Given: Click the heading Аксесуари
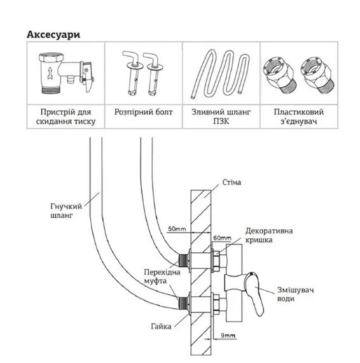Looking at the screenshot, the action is [53, 34].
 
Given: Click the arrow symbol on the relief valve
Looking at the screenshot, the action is [50, 73].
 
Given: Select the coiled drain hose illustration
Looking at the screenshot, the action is [221, 75].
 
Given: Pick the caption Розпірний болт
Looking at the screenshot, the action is [143, 112].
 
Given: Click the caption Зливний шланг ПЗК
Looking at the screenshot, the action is [221, 117].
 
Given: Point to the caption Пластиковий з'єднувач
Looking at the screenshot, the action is [299, 117].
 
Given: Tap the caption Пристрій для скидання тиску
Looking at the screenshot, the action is [66, 117].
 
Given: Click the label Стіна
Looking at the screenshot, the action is [232, 182].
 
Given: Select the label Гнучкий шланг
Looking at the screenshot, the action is [66, 211].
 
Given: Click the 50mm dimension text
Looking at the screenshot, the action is [177, 229].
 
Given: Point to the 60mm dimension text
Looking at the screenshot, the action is [222, 238].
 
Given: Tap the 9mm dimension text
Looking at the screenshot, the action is [228, 335].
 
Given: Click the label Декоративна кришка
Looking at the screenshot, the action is [269, 235].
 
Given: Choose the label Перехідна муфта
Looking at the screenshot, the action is [162, 276].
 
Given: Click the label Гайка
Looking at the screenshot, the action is [161, 327].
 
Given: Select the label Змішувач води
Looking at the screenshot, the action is [295, 294].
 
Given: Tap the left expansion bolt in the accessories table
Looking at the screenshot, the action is [132, 73].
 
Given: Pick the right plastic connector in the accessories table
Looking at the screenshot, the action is [317, 76].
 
